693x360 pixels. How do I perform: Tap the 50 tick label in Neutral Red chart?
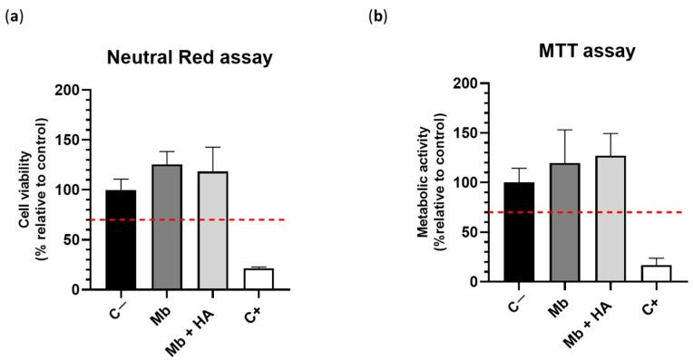point(72,240)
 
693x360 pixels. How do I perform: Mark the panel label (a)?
point(14,16)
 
